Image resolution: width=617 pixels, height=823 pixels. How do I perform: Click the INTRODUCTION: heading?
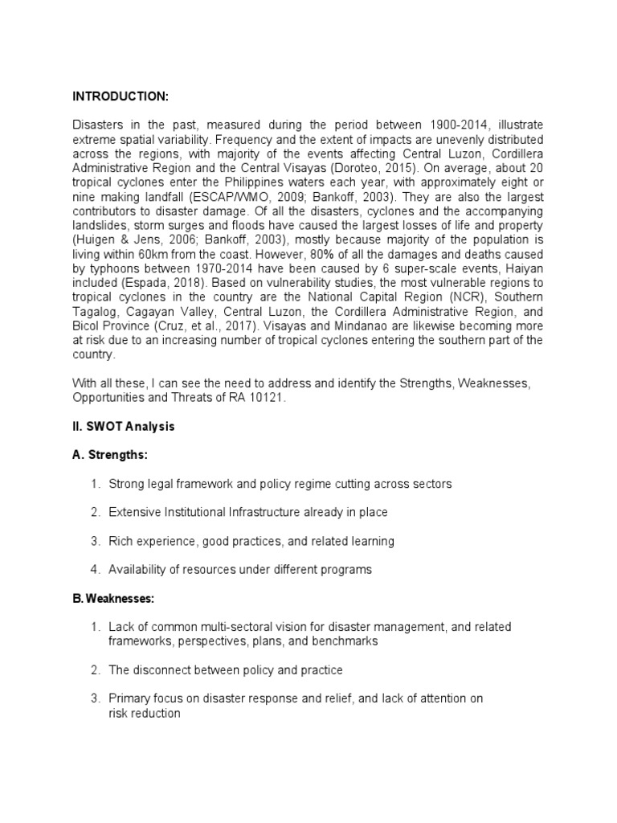(x=121, y=96)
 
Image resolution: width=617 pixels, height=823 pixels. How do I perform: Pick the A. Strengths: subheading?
(x=109, y=455)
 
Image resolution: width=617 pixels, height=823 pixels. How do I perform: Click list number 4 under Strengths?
(x=95, y=569)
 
